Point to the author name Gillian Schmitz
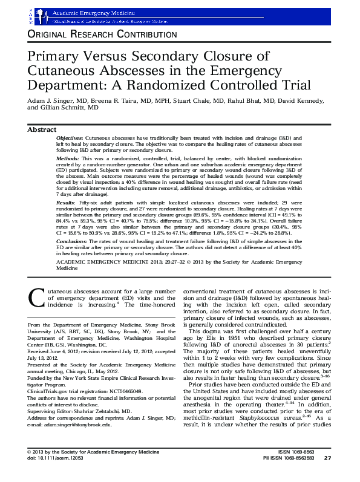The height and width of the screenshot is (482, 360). [74, 107]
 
